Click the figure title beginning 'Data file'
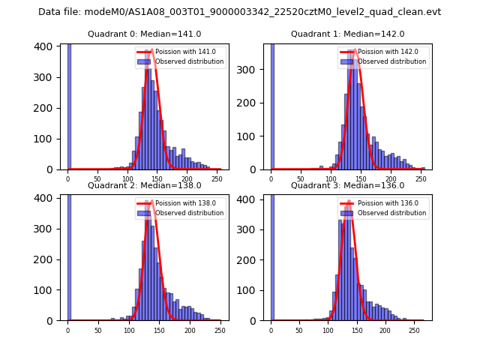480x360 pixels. pos(240,12)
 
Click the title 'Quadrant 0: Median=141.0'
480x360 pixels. pos(144,34)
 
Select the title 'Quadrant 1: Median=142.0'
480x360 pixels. pos(347,34)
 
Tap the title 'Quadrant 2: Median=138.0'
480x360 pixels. pos(144,185)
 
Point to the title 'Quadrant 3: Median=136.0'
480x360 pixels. pos(347,185)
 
